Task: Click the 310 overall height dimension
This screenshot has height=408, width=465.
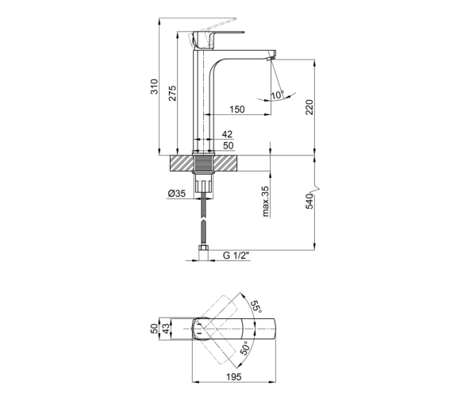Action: click(155, 87)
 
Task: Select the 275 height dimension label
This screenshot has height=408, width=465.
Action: click(172, 93)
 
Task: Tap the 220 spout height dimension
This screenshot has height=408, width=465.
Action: click(309, 107)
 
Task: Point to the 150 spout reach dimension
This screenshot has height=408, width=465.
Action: click(237, 110)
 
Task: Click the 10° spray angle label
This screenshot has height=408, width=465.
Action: click(278, 95)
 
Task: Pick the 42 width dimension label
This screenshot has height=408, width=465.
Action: click(227, 134)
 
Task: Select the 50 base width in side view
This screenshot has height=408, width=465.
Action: click(228, 146)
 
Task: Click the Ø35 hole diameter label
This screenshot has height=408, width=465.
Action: click(177, 194)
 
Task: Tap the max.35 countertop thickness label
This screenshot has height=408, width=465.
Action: click(265, 201)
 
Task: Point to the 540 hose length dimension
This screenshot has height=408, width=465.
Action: click(309, 202)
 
